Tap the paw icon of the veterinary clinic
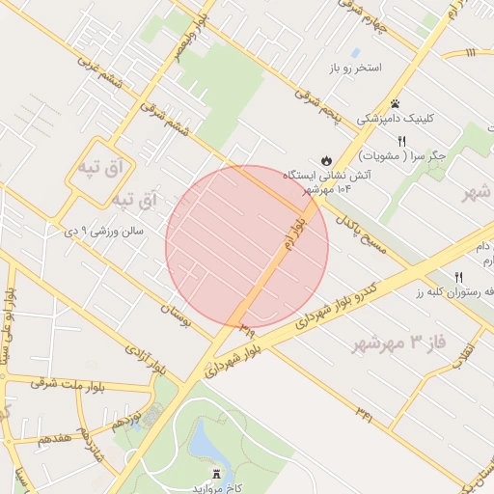[x=395, y=103]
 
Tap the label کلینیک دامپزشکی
[x=396, y=119]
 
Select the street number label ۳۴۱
[x=364, y=415]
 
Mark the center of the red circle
[x=247, y=247]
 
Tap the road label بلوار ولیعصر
[x=191, y=30]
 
